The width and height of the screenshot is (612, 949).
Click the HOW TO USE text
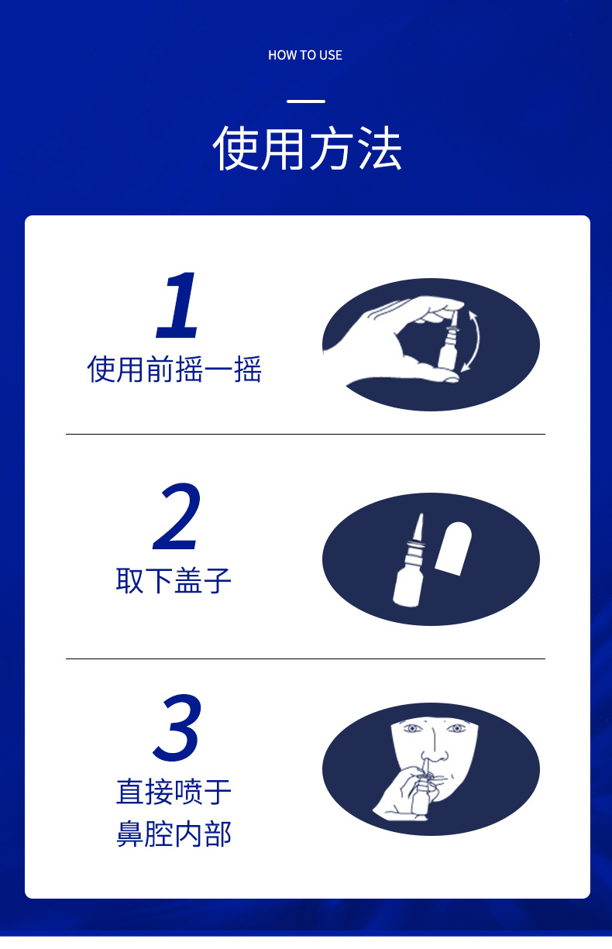coord(305,55)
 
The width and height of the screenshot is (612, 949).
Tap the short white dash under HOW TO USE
coord(306,101)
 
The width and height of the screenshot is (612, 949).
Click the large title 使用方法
coord(307,149)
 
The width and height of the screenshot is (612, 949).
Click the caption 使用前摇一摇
coord(174,370)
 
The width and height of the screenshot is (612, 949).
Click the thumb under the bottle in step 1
coord(441,376)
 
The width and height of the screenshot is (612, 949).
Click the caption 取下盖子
coord(174,581)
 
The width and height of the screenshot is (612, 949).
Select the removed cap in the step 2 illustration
coord(453,548)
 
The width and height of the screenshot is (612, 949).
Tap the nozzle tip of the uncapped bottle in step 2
coord(421,514)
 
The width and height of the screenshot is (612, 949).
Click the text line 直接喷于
coord(174,793)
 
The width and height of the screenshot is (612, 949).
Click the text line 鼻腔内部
coord(174,834)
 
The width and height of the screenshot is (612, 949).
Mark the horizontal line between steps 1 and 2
coord(305,435)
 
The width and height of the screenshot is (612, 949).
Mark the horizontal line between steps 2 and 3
coord(305,658)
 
